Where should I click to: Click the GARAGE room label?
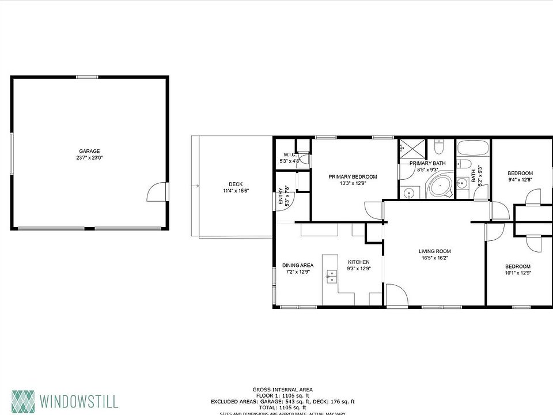pos(89,151)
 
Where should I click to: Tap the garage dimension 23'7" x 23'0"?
pos(89,157)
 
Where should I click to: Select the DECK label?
pos(235,184)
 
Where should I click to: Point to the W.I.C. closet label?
pos(289,154)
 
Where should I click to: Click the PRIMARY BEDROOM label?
pos(353,177)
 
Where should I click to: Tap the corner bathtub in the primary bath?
pos(439,188)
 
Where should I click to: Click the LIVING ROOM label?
pos(434,251)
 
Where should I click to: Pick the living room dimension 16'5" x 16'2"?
pos(434,258)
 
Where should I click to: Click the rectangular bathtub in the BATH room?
pos(473,148)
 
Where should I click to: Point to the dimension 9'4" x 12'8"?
pos(520,180)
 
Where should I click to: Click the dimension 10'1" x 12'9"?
pos(518,273)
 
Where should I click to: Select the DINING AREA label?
pos(298,265)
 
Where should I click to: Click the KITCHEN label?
pos(358,262)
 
